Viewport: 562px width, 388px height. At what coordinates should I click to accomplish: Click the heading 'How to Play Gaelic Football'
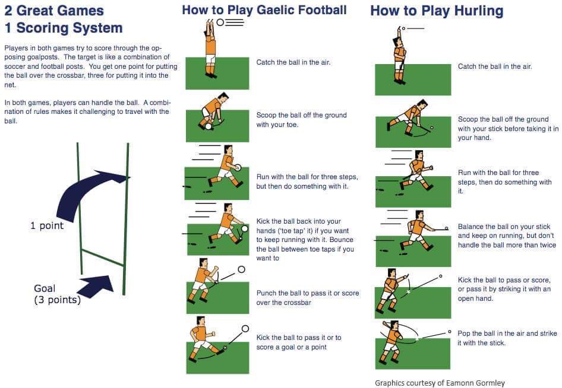coord(264,10)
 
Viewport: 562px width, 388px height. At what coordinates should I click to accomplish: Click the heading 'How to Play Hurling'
coord(437,11)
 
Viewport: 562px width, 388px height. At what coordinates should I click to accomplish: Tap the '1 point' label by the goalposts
coord(47,226)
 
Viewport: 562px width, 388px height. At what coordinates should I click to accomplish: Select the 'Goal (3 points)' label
coord(57,294)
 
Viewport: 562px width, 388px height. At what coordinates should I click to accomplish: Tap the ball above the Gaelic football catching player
coord(220,22)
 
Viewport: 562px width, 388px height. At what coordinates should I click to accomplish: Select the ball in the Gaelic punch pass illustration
coord(241,269)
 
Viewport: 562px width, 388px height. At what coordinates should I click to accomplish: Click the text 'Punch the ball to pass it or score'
coord(307,293)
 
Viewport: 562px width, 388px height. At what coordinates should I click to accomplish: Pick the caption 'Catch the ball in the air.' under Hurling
coord(494,66)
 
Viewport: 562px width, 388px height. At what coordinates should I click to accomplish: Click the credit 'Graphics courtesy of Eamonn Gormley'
coord(440,383)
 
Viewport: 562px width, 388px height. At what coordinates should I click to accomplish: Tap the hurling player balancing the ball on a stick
coord(415,231)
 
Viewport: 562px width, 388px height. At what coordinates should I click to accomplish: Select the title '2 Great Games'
coord(54,11)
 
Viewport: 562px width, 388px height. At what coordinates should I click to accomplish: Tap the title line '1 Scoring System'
coord(64,28)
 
